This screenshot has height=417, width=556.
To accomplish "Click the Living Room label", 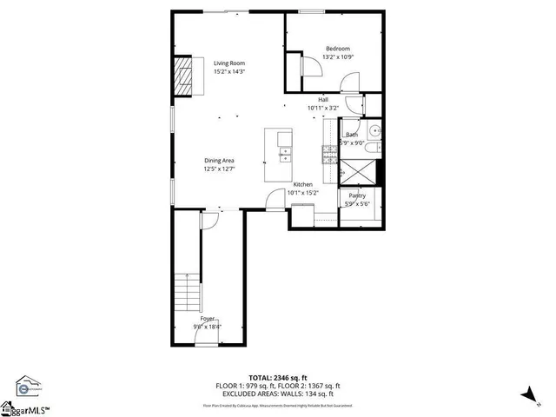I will click(230, 63).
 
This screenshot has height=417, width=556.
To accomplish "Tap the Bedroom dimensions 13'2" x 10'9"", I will click(338, 57).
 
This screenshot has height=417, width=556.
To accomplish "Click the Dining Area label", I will click(219, 161).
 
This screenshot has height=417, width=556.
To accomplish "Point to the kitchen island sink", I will click(284, 155).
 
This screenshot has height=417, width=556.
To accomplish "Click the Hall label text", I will click(323, 100).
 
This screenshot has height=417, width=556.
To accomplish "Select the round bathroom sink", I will click(373, 132).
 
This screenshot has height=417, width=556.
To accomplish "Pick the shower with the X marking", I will click(358, 171).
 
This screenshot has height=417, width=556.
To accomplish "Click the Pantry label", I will click(357, 196).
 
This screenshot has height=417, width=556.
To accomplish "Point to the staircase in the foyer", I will click(186, 295).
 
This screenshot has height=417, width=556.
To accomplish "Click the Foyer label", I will click(207, 320).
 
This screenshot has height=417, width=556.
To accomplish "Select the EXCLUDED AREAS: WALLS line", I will click(277, 394).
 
